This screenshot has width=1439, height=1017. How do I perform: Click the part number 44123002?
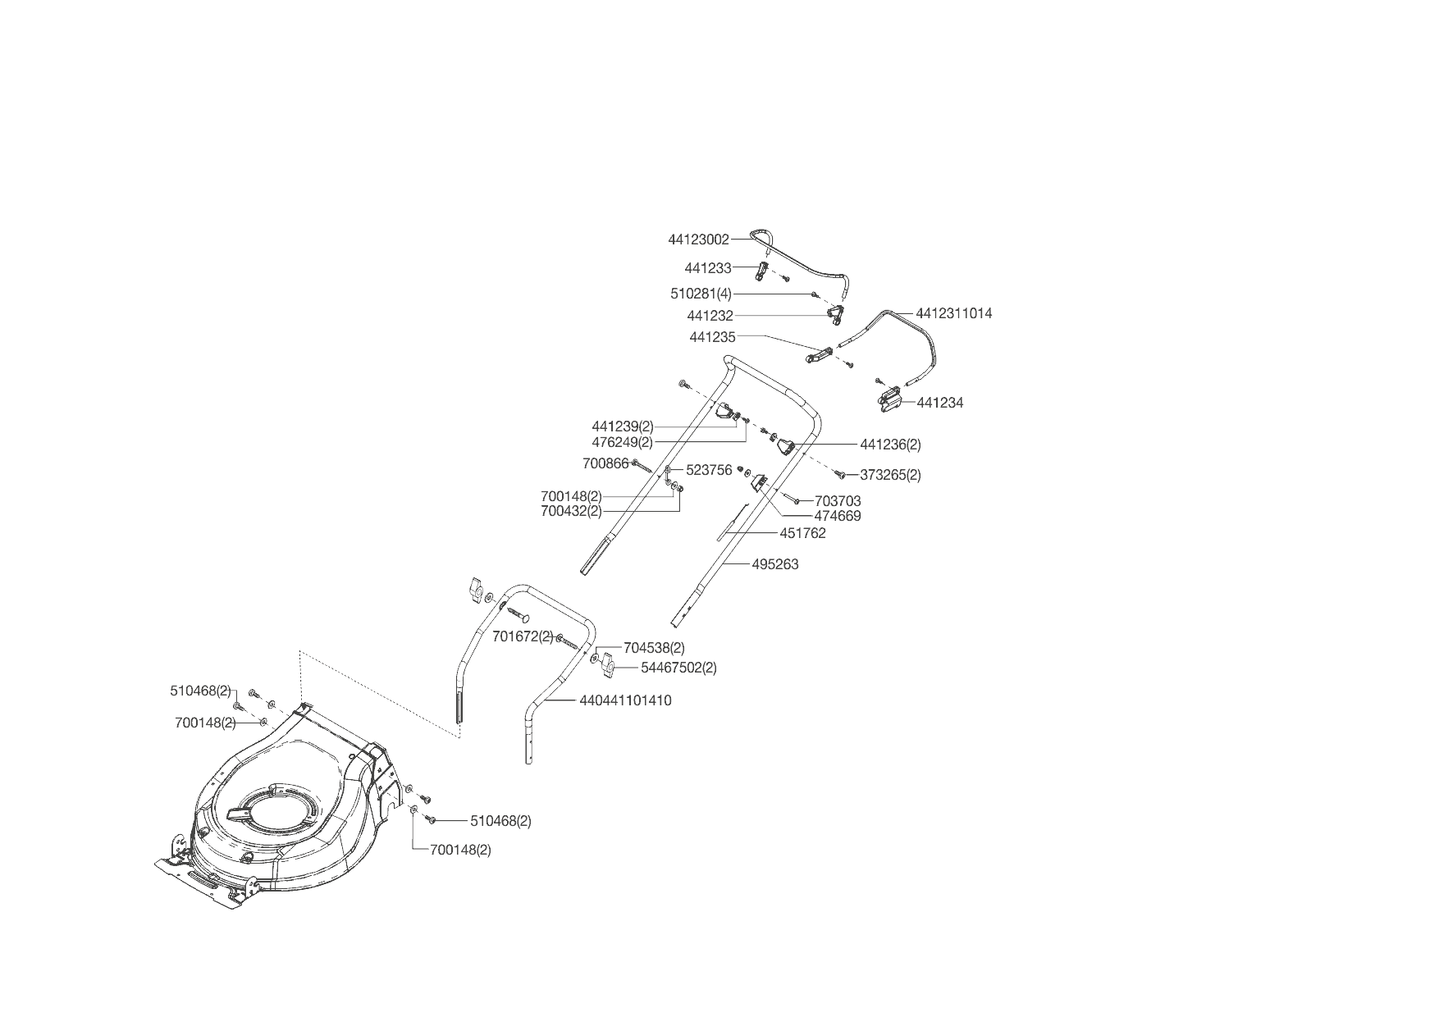(698, 239)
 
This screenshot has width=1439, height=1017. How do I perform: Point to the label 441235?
(712, 337)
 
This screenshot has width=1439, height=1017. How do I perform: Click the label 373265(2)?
(890, 475)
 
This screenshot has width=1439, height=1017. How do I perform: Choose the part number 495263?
(774, 564)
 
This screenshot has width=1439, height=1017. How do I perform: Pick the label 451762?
(802, 533)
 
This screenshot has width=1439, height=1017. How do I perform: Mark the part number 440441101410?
(625, 700)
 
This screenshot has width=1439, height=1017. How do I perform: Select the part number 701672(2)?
(523, 636)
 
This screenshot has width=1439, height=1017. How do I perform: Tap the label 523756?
(709, 471)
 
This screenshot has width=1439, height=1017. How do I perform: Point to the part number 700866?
(605, 463)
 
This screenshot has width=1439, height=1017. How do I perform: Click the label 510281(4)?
(701, 294)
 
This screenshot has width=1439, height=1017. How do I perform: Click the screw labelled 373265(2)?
(840, 474)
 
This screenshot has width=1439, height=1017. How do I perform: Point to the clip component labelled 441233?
(762, 271)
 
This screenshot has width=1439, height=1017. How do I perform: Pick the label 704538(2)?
(654, 648)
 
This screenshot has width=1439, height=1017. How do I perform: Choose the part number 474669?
(837, 516)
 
